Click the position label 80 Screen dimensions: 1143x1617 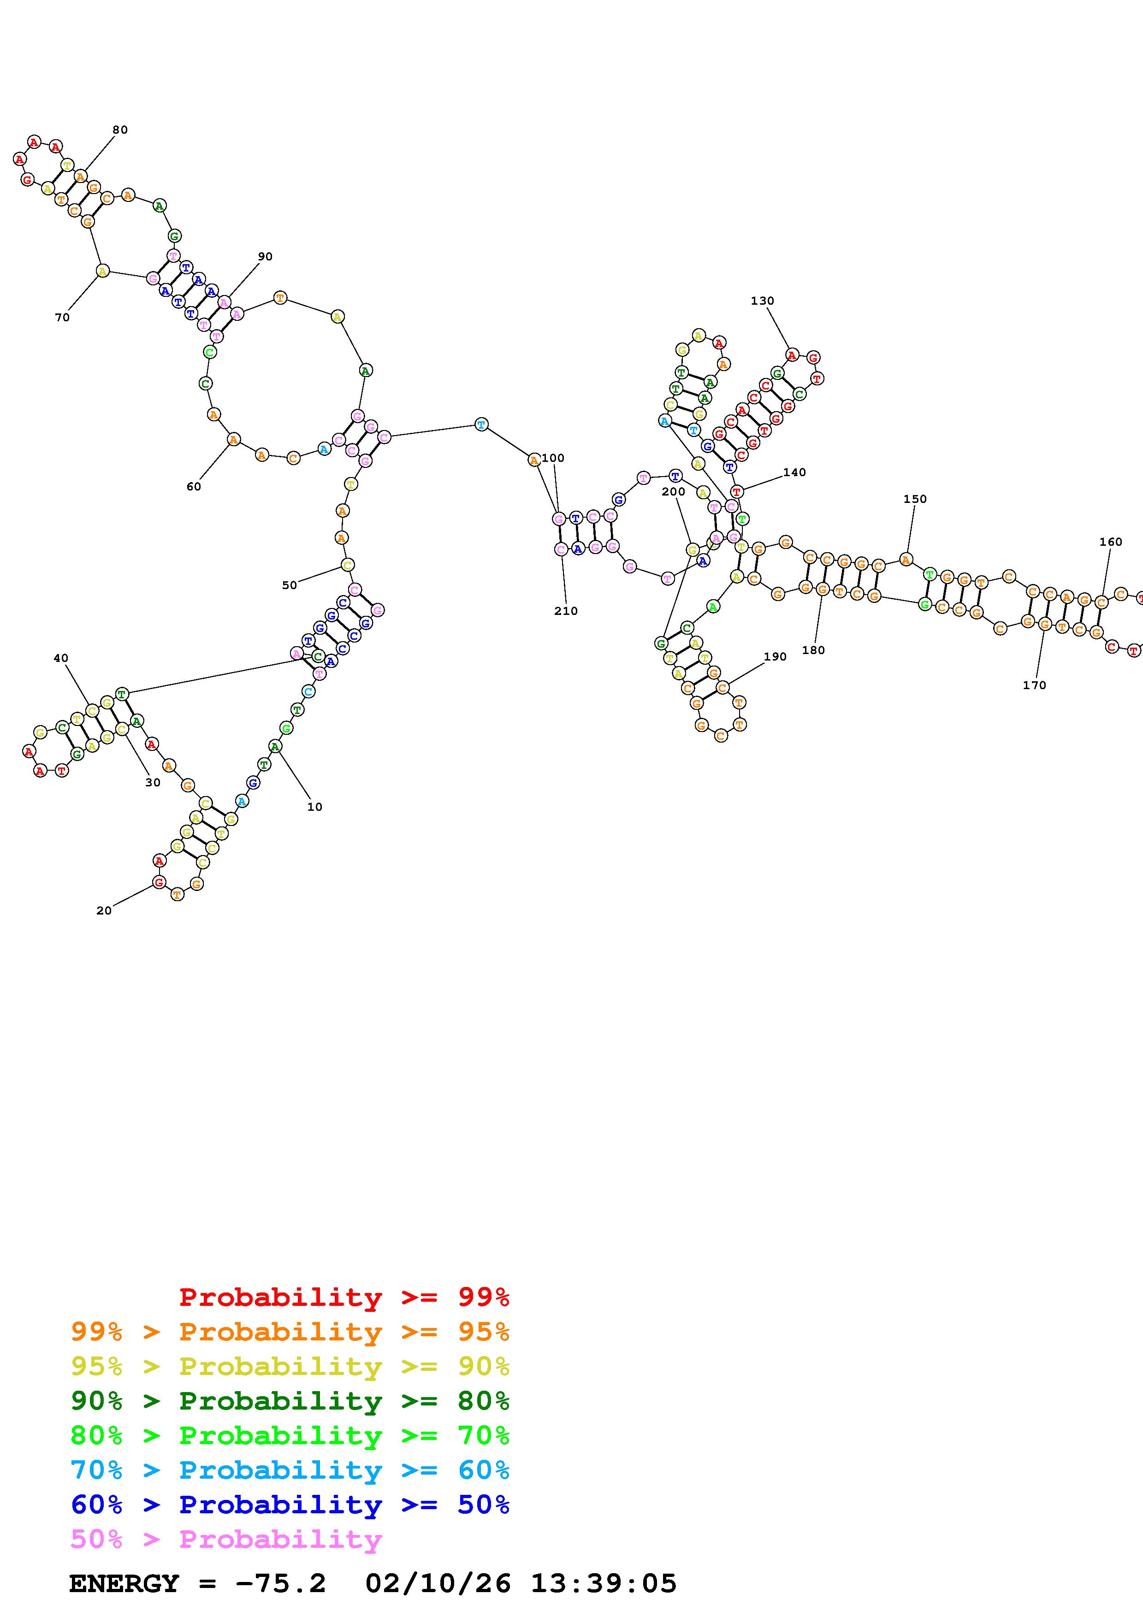(120, 130)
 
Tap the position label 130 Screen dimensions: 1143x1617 (762, 301)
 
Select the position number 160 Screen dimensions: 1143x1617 (1111, 542)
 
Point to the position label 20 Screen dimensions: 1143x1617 (104, 911)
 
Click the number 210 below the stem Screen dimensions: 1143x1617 (566, 611)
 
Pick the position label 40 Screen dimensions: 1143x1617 (61, 659)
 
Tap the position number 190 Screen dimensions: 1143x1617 (775, 656)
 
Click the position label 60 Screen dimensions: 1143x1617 (194, 487)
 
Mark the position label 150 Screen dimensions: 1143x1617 (915, 499)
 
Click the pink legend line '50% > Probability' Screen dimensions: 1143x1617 (226, 1539)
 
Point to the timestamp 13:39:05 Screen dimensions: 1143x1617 (603, 1583)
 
